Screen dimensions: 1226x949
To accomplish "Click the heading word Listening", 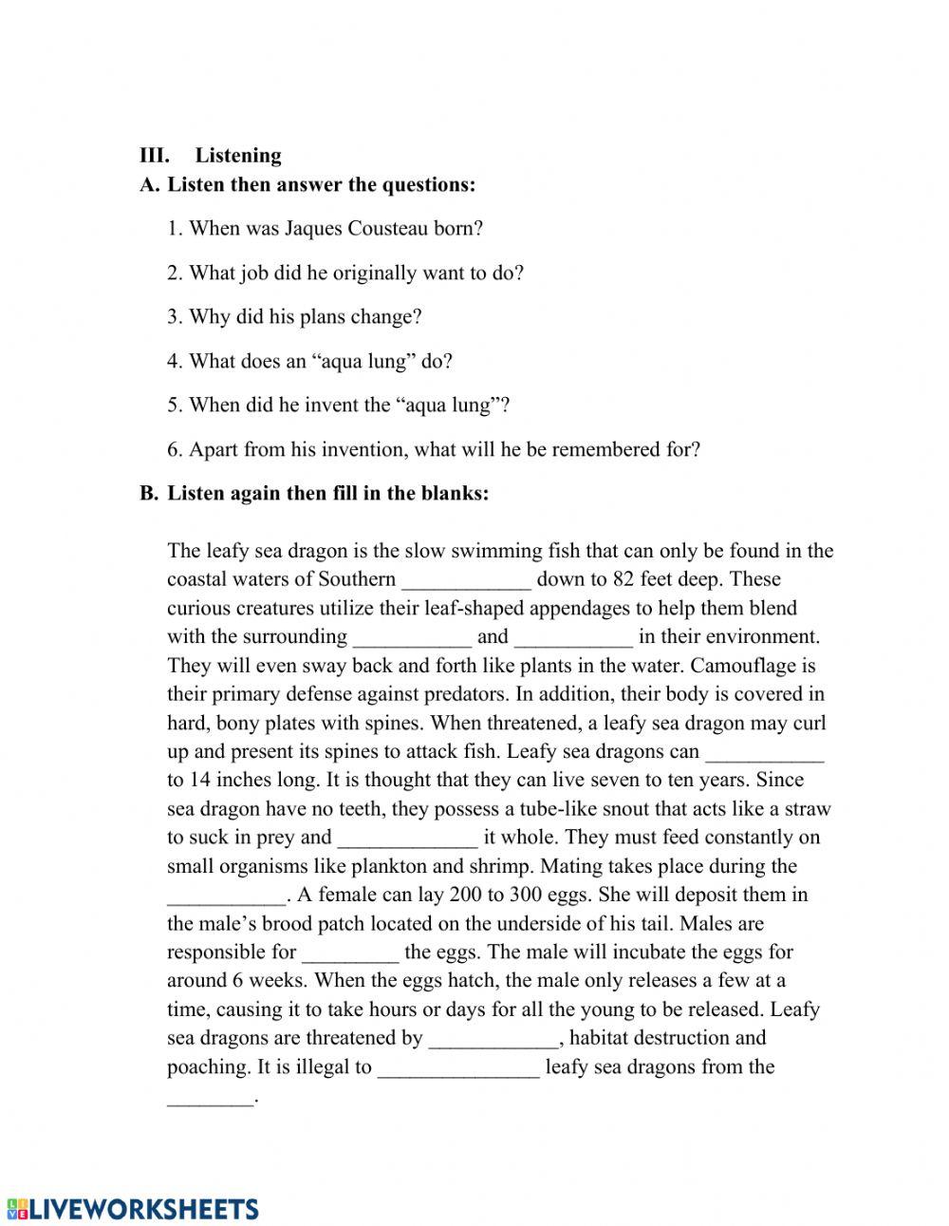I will pyautogui.click(x=238, y=156).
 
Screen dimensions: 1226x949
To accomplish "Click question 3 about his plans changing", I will pyautogui.click(x=294, y=317).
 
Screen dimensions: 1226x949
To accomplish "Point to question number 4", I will pyautogui.click(x=175, y=362).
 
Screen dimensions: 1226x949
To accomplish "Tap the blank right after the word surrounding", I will pyautogui.click(x=412, y=637).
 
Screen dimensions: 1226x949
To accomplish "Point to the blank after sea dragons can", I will pyautogui.click(x=765, y=752).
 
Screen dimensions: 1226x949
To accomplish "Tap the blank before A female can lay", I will pyautogui.click(x=226, y=896).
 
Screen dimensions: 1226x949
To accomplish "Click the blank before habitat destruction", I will pyautogui.click(x=494, y=1039).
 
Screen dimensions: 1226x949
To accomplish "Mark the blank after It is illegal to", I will pyautogui.click(x=458, y=1067).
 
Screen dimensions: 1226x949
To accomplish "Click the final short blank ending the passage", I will pyautogui.click(x=211, y=1098).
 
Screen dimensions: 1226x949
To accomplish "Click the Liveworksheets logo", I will pyautogui.click(x=132, y=1208).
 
